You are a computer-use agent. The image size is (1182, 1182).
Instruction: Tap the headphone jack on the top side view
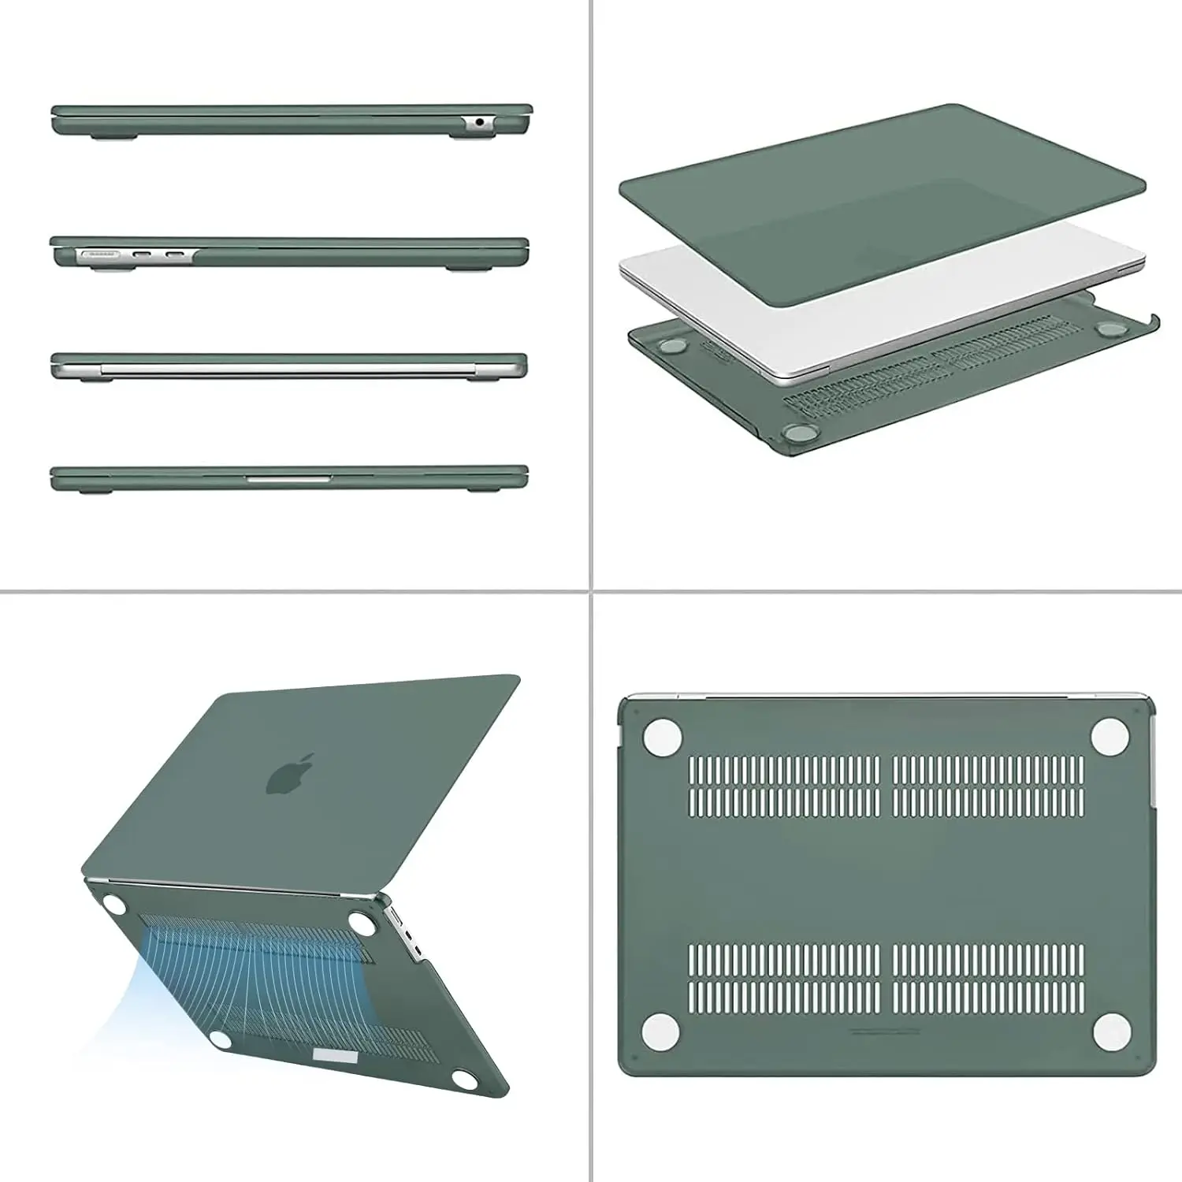click(x=479, y=122)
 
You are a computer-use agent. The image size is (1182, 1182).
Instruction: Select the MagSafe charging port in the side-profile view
click(x=98, y=255)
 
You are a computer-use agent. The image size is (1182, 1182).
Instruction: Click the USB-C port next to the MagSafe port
click(x=143, y=255)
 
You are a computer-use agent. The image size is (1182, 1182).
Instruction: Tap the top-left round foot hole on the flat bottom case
click(x=662, y=738)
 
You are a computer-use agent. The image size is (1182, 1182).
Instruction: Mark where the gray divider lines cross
click(x=591, y=591)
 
